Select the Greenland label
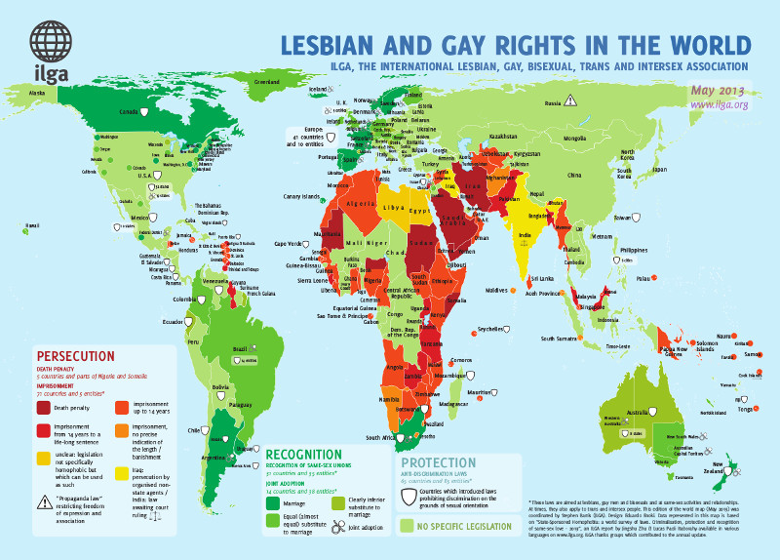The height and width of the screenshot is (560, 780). (x=267, y=83)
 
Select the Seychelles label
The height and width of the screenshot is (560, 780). (x=491, y=329)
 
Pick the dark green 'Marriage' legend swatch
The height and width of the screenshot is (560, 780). (x=274, y=503)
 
